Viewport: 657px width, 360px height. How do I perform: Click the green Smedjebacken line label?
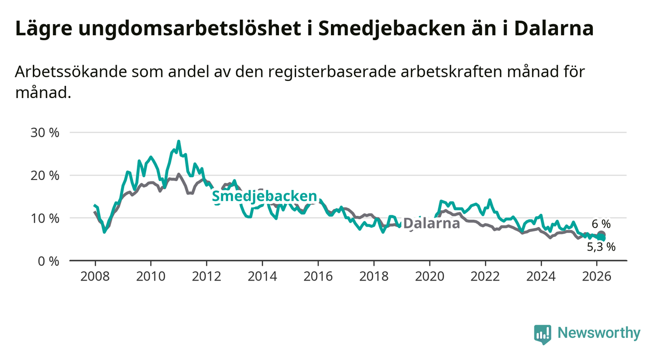pyautogui.click(x=264, y=197)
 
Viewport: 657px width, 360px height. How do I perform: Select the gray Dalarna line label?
pyautogui.click(x=431, y=224)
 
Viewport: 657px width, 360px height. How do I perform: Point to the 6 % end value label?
pyautogui.click(x=601, y=224)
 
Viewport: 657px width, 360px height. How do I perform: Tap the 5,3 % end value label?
pyautogui.click(x=601, y=247)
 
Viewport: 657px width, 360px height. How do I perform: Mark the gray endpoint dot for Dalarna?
pyautogui.click(x=601, y=235)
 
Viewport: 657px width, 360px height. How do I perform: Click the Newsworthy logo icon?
pyautogui.click(x=542, y=334)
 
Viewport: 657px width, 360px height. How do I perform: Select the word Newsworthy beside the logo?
pyautogui.click(x=599, y=333)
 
